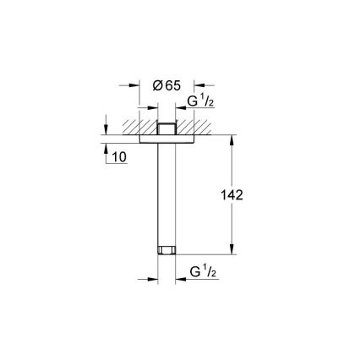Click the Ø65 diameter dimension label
coord(167,85)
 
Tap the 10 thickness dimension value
coord(118,158)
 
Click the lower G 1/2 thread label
coord(200,274)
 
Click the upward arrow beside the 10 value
coord(105,150)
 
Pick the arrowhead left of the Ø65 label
coord(135,85)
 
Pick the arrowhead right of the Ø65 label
coord(199,85)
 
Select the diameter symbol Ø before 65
coord(156,85)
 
